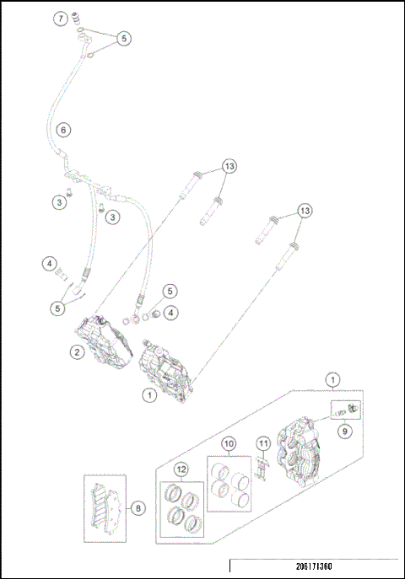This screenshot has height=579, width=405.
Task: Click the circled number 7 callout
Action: pyautogui.click(x=60, y=19)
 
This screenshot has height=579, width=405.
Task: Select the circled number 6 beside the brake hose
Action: pyautogui.click(x=63, y=131)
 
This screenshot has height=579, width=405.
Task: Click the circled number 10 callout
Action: pyautogui.click(x=229, y=442)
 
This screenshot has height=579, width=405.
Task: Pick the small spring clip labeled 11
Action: pyautogui.click(x=263, y=469)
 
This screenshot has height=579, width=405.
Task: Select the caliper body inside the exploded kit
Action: pyautogui.click(x=300, y=447)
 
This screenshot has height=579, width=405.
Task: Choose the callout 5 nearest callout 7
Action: pyautogui.click(x=123, y=39)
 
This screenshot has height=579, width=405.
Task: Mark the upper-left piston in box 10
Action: pyautogui.click(x=222, y=470)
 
